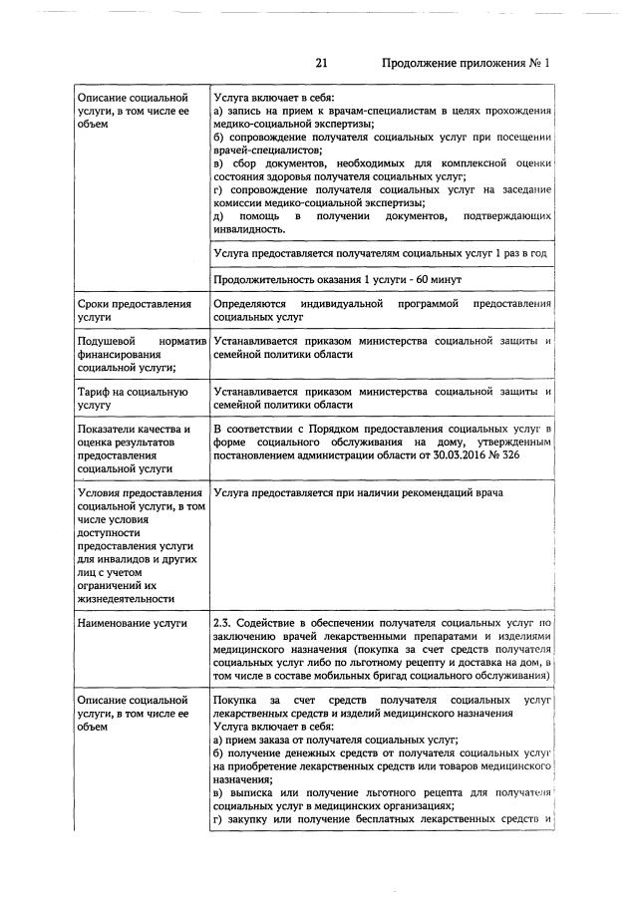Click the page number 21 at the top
click(322, 63)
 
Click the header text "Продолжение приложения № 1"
click(467, 63)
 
